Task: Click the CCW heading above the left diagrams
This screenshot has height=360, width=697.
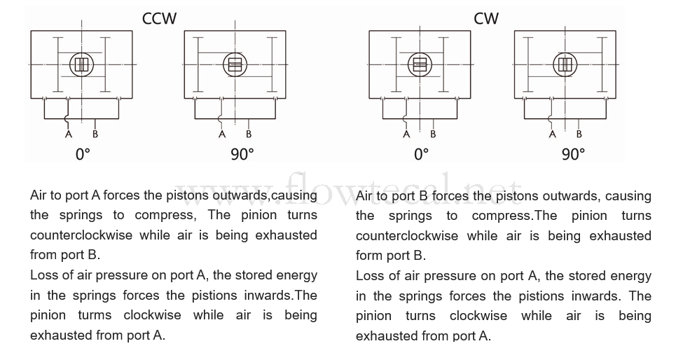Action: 159,18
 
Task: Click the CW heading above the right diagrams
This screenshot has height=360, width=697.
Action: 486,18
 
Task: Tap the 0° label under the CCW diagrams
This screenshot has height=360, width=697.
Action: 83,154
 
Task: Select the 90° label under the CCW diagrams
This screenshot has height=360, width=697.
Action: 242,154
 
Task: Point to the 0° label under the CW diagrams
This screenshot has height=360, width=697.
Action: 422,154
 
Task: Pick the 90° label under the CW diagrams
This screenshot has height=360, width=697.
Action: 574,154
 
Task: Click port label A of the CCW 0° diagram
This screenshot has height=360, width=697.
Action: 69,134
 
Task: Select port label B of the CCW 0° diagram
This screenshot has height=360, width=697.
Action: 95,134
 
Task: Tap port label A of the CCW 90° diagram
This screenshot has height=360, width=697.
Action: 222,134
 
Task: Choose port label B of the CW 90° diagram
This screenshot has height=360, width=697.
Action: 579,134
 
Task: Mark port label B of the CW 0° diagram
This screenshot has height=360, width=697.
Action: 433,134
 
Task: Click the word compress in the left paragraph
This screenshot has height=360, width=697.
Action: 164,216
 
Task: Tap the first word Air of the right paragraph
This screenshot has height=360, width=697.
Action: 364,196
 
